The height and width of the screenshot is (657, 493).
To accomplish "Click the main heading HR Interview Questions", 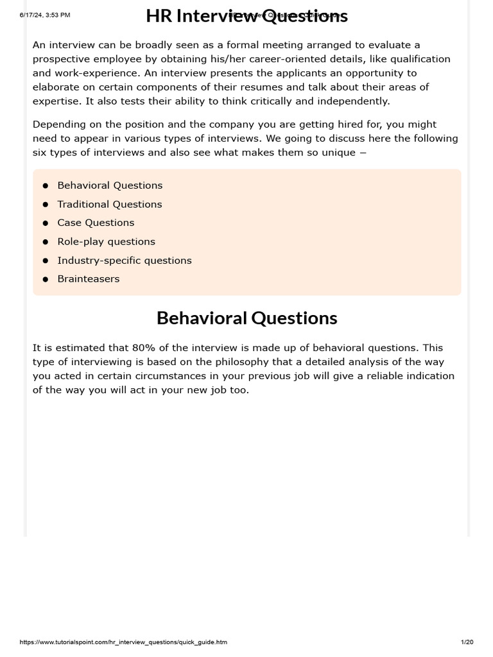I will [x=246, y=16].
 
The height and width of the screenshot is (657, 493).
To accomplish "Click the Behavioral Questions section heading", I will [x=246, y=318].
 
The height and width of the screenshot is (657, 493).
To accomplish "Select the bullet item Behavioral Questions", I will [x=110, y=185].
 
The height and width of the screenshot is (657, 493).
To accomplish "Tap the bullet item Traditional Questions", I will [x=110, y=204].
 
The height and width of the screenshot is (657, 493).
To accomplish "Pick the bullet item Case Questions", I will [x=96, y=223].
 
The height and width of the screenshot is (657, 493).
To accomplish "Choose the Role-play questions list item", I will [x=106, y=241].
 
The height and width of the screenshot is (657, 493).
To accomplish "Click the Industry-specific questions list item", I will [x=125, y=260].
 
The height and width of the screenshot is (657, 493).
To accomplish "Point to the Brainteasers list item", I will [x=89, y=279].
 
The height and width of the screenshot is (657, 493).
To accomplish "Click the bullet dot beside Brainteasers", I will [x=46, y=279].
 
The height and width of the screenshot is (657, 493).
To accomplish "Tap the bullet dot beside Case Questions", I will [x=46, y=223].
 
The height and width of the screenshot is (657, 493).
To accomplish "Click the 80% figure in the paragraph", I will [x=144, y=348].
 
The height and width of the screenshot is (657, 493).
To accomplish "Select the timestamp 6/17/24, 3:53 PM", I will [x=45, y=15].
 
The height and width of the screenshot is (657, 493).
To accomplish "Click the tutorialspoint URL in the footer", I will [x=123, y=642].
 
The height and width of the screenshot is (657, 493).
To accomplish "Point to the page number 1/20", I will [x=467, y=642].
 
